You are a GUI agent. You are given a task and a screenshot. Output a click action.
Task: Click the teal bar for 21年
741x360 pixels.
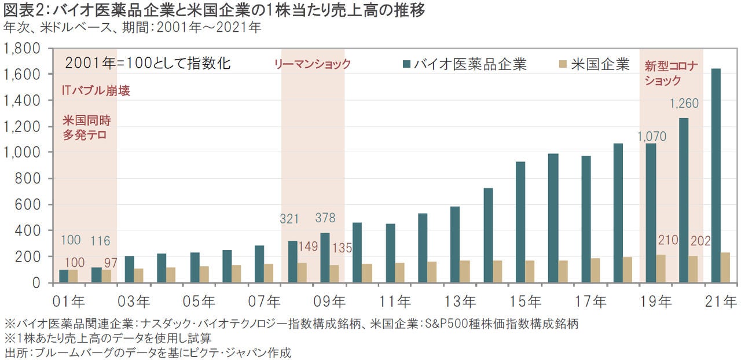coord(716,176)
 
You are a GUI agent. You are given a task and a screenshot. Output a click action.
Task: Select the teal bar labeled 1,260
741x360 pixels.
coord(684,200)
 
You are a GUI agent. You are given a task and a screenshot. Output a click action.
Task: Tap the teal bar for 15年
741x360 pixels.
coord(520,222)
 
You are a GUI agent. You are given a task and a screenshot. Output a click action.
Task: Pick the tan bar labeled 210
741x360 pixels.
coord(661,269)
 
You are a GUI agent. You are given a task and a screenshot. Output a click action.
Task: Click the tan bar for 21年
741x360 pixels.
coord(725,267)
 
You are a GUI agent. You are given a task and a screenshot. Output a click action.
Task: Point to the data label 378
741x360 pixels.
coord(325,218)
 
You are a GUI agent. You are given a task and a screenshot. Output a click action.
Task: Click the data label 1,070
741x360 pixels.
coord(652,137)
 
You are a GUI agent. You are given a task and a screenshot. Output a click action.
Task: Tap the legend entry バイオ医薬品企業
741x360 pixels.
coord(463,64)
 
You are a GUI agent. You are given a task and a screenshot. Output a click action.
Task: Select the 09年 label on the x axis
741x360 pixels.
coord(329,302)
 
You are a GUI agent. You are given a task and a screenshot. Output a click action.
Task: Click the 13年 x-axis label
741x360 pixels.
coord(460,302)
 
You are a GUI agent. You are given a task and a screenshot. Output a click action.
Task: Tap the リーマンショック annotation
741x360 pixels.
coord(312,64)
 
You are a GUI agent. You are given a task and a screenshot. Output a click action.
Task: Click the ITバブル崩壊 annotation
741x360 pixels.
coord(95,91)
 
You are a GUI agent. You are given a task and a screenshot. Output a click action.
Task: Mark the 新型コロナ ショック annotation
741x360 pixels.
coord(671,74)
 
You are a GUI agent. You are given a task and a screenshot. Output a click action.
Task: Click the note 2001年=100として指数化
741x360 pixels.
coord(148,64)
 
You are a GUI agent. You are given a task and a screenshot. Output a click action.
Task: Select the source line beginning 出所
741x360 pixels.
coord(148,352)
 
